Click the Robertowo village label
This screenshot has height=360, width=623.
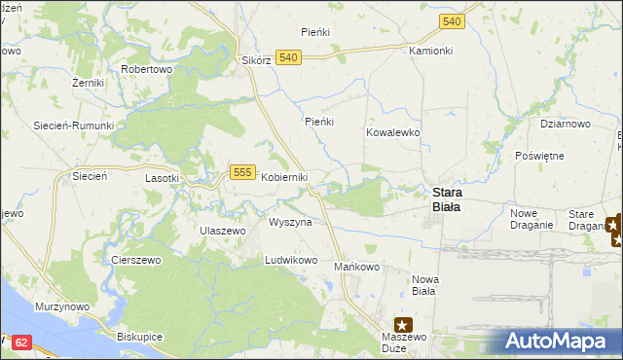(146, 70)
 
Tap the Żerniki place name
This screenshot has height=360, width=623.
(88, 84)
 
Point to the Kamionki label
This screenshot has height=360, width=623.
(431, 50)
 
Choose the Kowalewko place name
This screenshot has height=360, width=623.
(392, 131)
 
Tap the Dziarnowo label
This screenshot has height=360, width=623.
(566, 124)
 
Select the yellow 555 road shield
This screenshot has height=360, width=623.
(243, 172)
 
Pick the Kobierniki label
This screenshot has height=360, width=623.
(284, 177)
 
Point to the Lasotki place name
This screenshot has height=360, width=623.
(162, 178)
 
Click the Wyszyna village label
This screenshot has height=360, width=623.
(290, 222)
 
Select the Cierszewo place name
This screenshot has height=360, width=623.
(135, 261)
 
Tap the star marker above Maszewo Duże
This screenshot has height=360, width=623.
(403, 325)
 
